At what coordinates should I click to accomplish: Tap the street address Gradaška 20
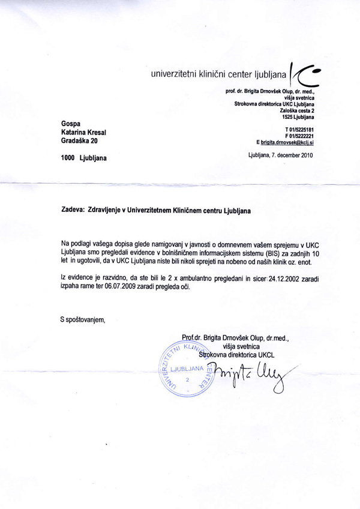click(83, 141)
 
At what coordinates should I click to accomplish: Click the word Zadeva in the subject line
click(74, 211)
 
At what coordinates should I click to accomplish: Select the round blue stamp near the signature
click(188, 369)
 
